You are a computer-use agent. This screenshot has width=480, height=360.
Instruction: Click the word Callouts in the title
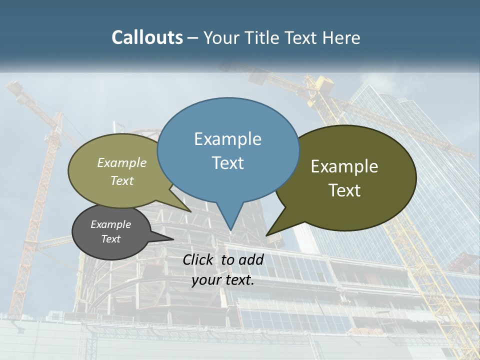pyautogui.click(x=147, y=37)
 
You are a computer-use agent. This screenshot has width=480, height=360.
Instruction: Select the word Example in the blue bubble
pyautogui.click(x=227, y=138)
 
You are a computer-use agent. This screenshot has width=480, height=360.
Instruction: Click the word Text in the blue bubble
pyautogui.click(x=227, y=162)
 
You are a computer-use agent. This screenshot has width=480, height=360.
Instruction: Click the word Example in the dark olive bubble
pyautogui.click(x=344, y=166)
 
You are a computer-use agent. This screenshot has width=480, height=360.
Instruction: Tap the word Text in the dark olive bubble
pyautogui.click(x=344, y=190)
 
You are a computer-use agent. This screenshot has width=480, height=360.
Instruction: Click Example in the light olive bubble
pyautogui.click(x=122, y=162)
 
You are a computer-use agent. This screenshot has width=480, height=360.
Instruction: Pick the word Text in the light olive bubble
pyautogui.click(x=122, y=180)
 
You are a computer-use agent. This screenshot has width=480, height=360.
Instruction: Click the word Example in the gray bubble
pyautogui.click(x=110, y=224)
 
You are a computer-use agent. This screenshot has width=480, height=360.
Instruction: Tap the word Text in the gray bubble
pyautogui.click(x=110, y=239)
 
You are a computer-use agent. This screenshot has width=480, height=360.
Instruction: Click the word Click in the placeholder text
pyautogui.click(x=198, y=259)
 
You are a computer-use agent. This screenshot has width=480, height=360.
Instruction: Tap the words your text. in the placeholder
pyautogui.click(x=223, y=280)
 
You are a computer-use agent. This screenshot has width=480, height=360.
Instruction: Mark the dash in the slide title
pyautogui.click(x=193, y=38)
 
